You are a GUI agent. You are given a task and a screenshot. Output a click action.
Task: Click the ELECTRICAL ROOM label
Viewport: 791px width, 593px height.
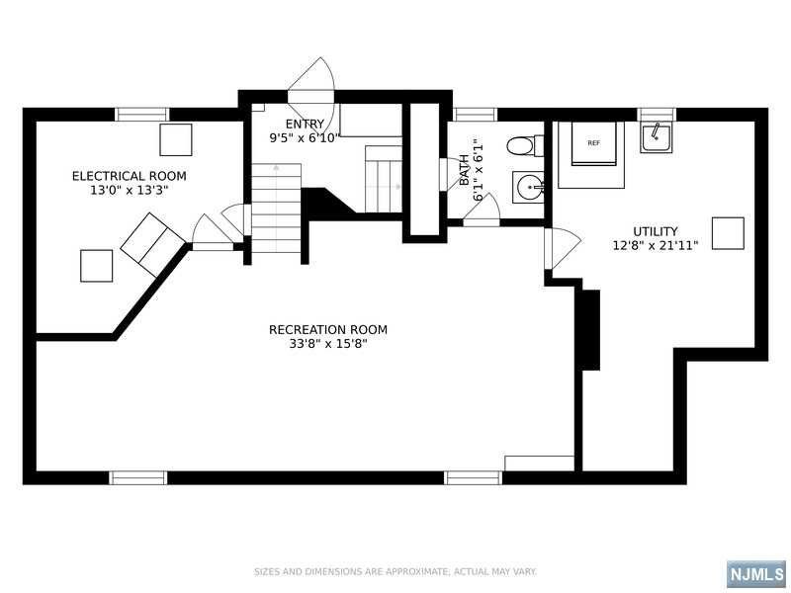130,176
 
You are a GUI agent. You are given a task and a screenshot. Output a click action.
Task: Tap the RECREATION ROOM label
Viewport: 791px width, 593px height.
328,330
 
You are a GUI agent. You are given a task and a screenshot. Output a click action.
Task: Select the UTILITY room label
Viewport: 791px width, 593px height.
656,231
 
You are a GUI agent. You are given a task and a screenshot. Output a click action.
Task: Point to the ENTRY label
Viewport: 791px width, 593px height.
305,125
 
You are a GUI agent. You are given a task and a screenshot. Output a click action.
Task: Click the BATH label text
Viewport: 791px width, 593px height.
464,169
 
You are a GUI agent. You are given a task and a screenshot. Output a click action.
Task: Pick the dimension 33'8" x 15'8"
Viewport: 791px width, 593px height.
328,344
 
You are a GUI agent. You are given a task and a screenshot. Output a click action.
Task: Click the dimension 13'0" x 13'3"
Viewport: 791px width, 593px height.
130,191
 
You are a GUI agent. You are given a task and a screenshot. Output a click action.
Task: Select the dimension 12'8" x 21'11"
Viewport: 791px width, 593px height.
656,246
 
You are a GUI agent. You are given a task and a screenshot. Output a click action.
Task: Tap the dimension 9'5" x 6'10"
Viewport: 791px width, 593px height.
305,138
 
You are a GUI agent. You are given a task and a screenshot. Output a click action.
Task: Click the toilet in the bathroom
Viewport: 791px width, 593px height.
525,145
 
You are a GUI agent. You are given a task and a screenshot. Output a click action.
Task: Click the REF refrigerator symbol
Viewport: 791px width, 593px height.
594,143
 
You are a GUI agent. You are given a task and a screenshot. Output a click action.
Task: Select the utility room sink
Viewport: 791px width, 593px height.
656,137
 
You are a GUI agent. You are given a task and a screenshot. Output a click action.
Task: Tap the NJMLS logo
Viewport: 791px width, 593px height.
757,574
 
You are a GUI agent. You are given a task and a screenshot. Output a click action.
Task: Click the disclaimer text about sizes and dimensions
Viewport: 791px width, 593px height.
395,572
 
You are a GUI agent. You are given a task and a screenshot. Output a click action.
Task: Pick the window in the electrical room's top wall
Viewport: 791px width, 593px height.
142,115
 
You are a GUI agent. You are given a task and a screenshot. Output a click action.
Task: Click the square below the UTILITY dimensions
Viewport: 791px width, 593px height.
728,233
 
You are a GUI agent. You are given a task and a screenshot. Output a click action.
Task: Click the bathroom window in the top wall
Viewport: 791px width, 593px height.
475,115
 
